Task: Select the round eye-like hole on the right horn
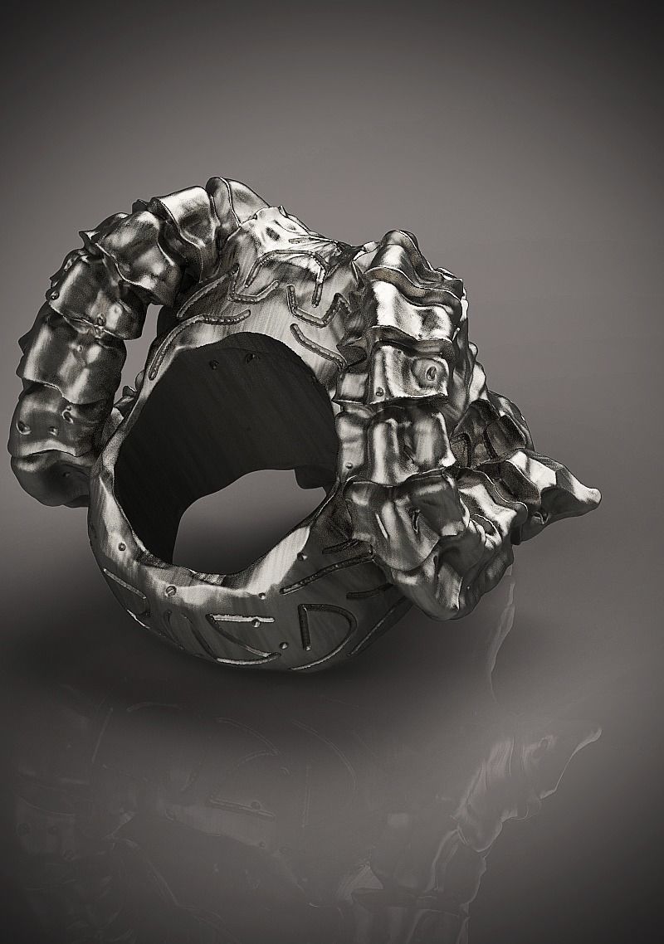click(429, 373)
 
